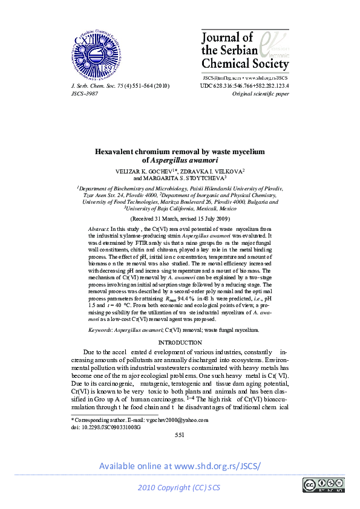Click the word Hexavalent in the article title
pyautogui.click(x=117, y=152)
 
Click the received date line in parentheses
pyautogui.click(x=180, y=218)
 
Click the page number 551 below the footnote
pyautogui.click(x=180, y=435)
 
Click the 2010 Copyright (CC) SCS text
pyautogui.click(x=179, y=487)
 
